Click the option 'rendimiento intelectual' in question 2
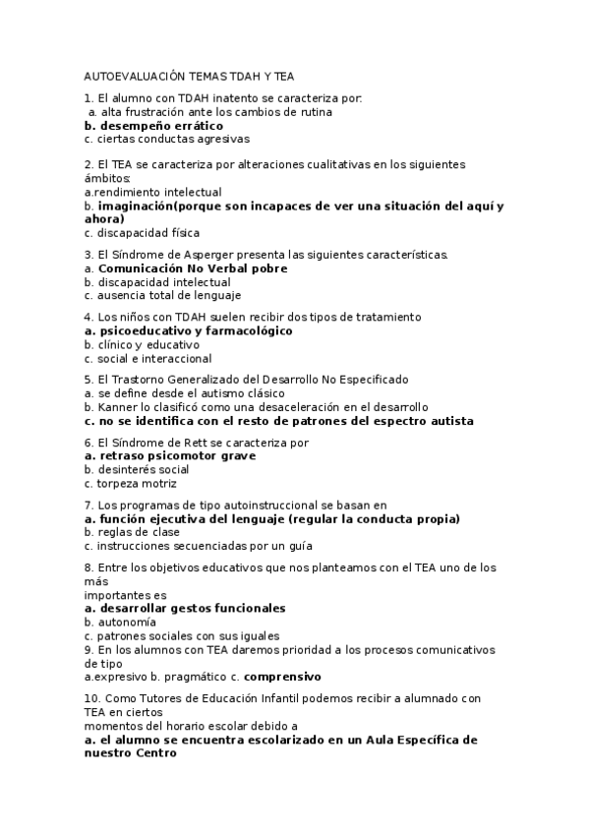(155, 193)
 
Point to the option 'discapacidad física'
(147, 233)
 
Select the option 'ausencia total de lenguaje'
(167, 295)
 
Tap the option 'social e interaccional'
(152, 359)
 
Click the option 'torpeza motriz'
(136, 484)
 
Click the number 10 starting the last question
(91, 698)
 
